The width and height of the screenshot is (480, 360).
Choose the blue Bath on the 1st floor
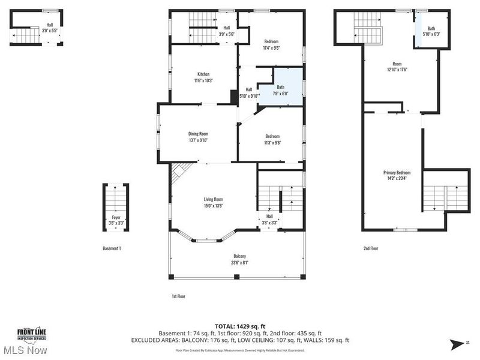point(281,90)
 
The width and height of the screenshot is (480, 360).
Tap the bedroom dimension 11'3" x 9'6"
point(273,143)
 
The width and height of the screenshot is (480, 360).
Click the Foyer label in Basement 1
point(112,220)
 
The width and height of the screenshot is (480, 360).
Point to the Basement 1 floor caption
point(112,248)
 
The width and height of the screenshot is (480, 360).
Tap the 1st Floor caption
point(178,296)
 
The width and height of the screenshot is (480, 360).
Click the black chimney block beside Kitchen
point(233,97)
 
